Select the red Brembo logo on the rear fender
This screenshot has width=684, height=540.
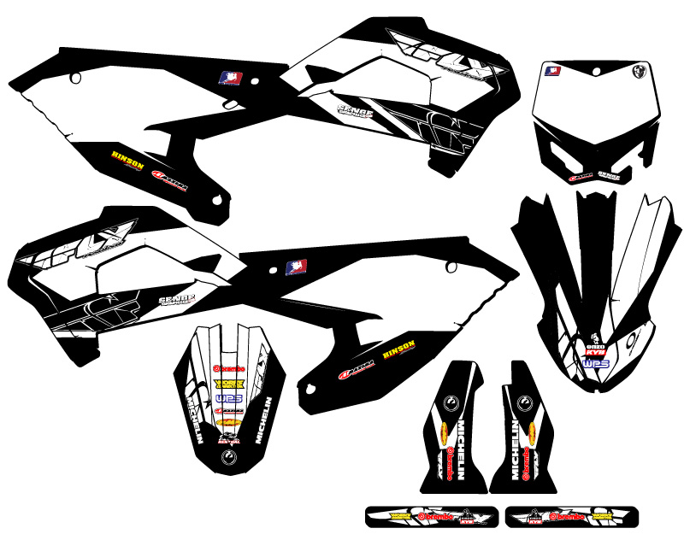pos(227,368)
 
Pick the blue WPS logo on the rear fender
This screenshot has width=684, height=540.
pos(228,398)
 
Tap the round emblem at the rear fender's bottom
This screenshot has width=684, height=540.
pos(227,459)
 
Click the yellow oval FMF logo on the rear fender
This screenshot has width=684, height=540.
pos(228,423)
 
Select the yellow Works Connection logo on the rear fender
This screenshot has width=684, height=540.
pos(228,384)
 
